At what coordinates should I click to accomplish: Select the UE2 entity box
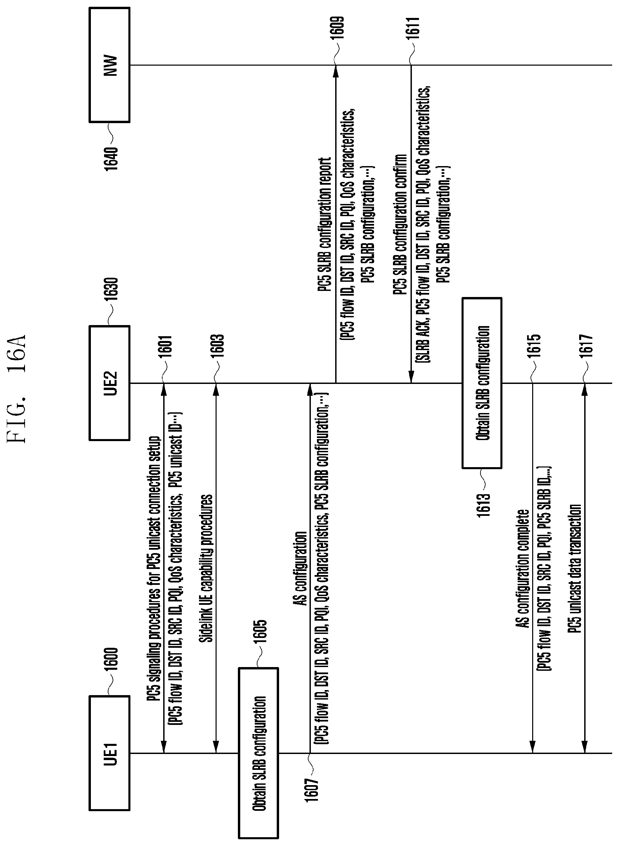(x=109, y=383)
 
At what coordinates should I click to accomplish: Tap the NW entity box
(x=109, y=65)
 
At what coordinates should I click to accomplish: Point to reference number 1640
(x=111, y=158)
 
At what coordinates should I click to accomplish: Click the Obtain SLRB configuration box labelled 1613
(x=482, y=383)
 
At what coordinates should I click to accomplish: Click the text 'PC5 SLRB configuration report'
(x=324, y=225)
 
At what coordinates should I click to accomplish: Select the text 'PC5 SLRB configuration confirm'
(x=400, y=225)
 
